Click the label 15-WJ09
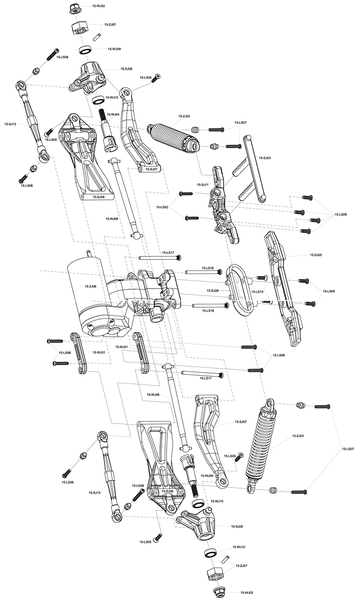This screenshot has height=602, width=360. [115, 49]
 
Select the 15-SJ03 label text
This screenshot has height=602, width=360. [265, 158]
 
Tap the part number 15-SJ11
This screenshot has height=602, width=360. [202, 185]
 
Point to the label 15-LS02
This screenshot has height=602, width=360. [162, 207]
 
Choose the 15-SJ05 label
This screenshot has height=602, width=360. [315, 254]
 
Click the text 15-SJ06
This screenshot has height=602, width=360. [212, 290]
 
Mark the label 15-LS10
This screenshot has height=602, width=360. [258, 292]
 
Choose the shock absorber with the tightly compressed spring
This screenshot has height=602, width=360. [174, 136]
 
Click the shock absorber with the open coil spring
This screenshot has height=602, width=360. [262, 445]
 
